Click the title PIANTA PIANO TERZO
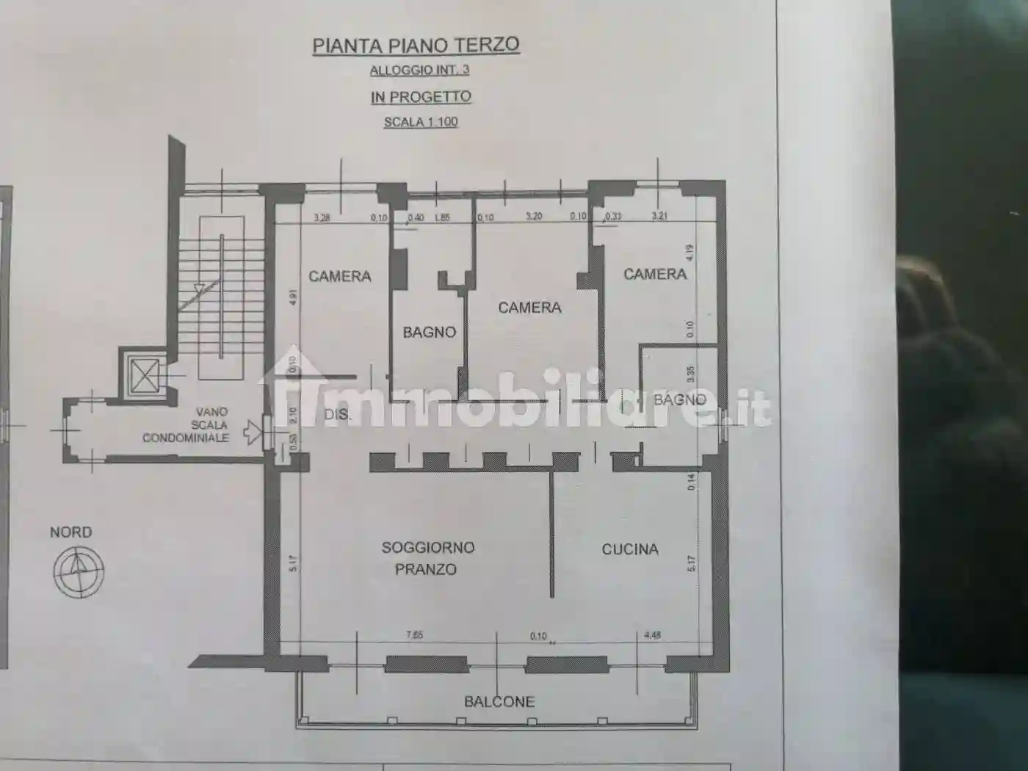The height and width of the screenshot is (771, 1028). click(416, 45)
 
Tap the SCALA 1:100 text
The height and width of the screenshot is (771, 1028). click(421, 122)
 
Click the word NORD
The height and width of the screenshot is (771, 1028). click(71, 532)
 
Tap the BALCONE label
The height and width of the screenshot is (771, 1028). click(499, 701)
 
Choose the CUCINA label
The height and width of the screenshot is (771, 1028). click(630, 549)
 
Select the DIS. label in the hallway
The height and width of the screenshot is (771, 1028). click(338, 415)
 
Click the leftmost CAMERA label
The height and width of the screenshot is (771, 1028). click(340, 276)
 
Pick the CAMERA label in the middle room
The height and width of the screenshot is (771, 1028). click(529, 307)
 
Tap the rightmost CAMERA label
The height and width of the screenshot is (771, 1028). click(655, 274)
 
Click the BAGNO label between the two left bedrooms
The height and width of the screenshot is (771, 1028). click(430, 332)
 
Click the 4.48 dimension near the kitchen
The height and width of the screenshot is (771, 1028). click(652, 635)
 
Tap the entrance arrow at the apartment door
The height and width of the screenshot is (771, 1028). click(253, 432)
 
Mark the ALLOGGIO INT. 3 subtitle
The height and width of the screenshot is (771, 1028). click(419, 70)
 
